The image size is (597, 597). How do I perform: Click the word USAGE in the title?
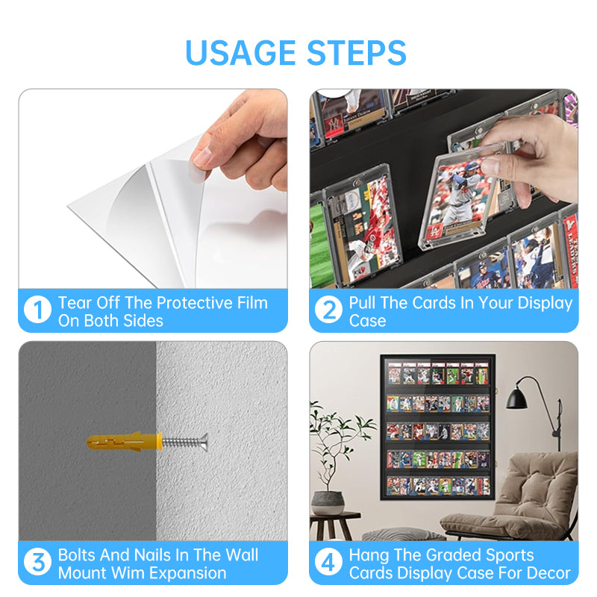pos(240,52)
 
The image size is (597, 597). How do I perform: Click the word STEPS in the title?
pos(357,52)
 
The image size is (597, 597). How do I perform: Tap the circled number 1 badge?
pos(37,310)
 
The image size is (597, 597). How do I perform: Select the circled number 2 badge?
pos(328,310)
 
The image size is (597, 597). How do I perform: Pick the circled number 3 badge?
pos(37,563)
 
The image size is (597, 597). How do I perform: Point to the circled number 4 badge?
pos(328,563)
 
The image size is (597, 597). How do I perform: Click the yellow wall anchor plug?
pos(125,442)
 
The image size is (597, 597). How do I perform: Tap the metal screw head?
pos(204,442)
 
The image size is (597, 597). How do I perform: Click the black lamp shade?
pos(516,399)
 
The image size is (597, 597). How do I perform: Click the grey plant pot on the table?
pos(328,502)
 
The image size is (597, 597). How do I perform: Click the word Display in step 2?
pos(546,304)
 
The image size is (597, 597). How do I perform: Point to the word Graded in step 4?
pos(454,555)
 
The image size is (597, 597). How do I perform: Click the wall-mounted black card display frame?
pos(438,426)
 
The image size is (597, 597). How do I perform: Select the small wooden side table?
pos(334,525)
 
